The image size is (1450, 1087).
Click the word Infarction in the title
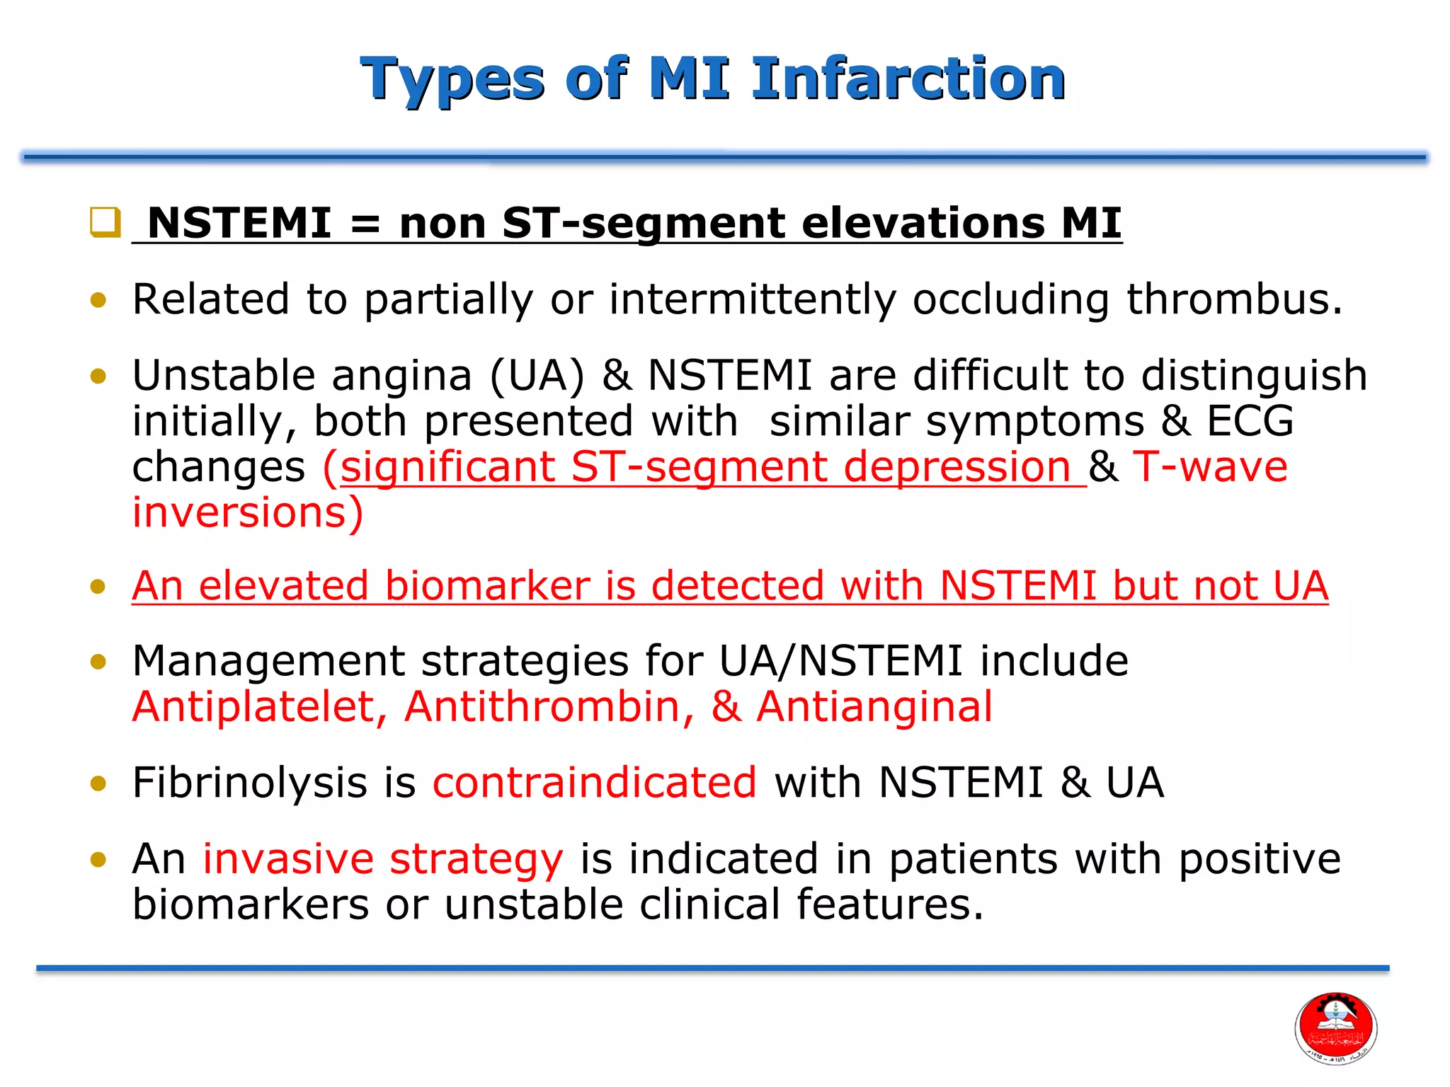(908, 79)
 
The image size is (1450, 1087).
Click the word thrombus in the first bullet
(1233, 299)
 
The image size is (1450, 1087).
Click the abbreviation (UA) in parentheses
(537, 375)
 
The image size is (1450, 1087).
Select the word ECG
(1250, 421)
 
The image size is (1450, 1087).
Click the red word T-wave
(1209, 467)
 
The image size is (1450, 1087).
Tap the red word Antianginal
(874, 707)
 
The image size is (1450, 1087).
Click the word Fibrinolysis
(249, 783)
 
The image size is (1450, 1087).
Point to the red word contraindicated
(595, 783)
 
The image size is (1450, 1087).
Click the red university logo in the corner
(1335, 1028)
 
